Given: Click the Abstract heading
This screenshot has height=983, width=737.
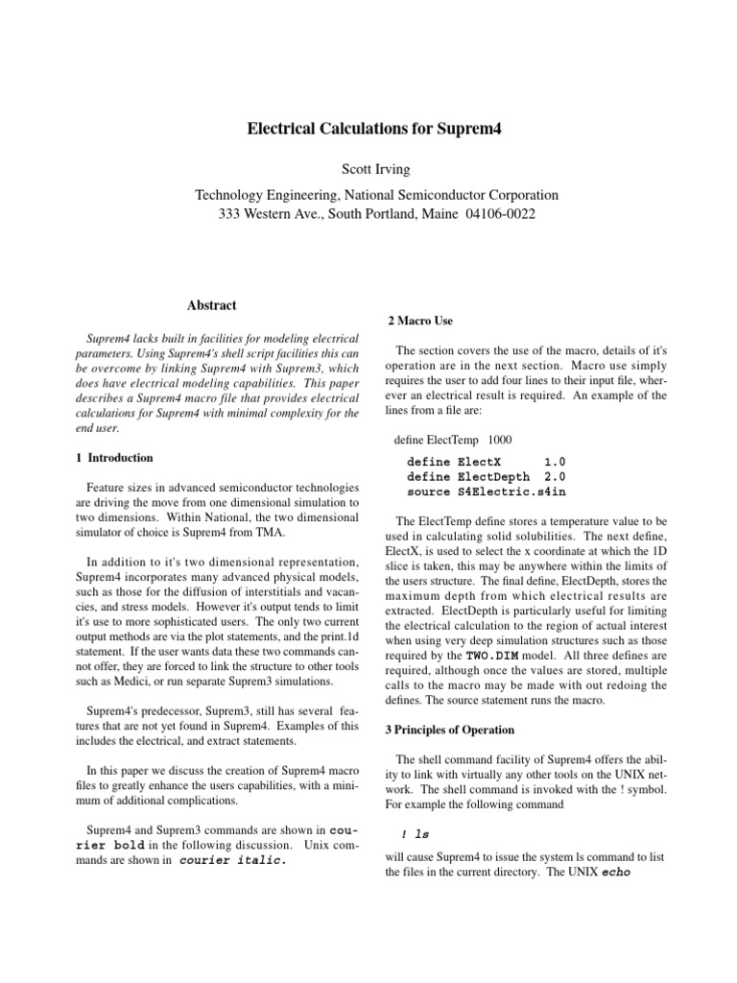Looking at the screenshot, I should (212, 305).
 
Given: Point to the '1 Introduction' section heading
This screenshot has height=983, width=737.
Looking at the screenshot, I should (113, 458).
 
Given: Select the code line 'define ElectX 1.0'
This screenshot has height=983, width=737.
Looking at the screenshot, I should (486, 461).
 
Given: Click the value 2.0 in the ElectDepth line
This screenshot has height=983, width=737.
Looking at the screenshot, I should (555, 476).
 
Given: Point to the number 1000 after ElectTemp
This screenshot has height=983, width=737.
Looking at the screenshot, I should (500, 440).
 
